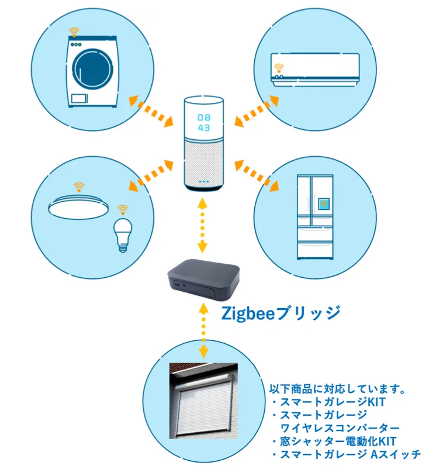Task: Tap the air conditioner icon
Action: pyautogui.click(x=314, y=69)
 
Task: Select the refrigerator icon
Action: pyautogui.click(x=314, y=216)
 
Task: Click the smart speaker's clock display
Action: pyautogui.click(x=204, y=121)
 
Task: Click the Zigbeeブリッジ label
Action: pyautogui.click(x=280, y=313)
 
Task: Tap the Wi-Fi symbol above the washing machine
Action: pyautogui.click(x=73, y=31)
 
